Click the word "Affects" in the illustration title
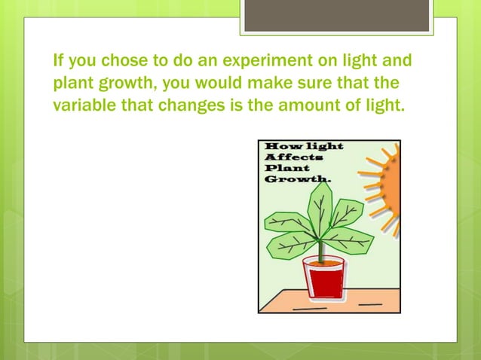[x=293, y=157]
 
